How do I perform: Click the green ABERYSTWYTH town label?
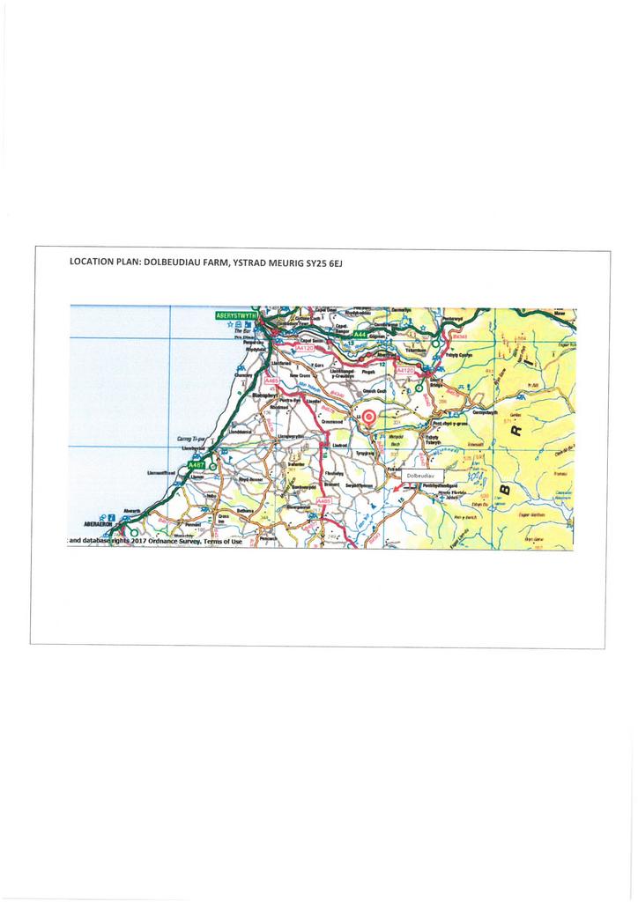235,314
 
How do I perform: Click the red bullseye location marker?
369,418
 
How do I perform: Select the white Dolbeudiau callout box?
422,476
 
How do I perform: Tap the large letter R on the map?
516,431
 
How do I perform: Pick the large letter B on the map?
505,488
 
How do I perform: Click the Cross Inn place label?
223,519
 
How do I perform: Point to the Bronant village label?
331,484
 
